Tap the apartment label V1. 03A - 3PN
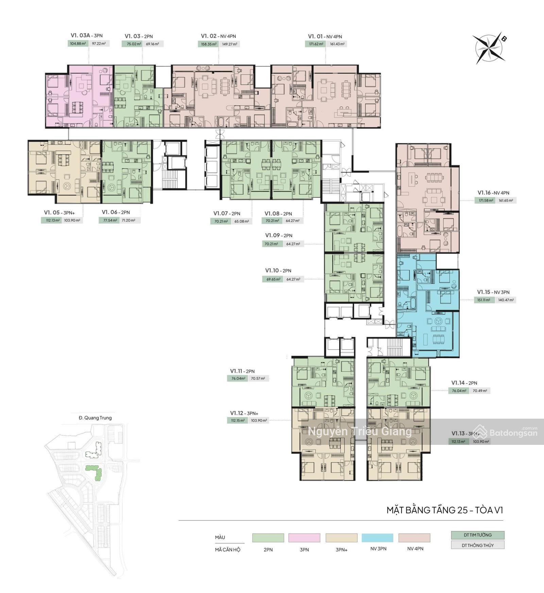click(86, 36)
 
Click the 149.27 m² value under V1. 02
click(230, 44)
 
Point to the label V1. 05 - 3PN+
click(59, 213)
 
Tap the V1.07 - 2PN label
click(227, 214)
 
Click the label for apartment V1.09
click(279, 236)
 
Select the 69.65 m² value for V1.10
click(272, 279)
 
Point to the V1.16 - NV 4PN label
click(493, 193)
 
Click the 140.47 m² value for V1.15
click(506, 300)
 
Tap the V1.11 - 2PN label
click(242, 371)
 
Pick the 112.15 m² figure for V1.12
click(237, 420)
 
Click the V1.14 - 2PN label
click(464, 383)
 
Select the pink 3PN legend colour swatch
click(304, 538)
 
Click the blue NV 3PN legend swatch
click(377, 538)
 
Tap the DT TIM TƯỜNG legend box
click(478, 535)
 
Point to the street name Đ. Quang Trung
click(95, 418)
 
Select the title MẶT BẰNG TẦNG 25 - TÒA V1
click(445, 510)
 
